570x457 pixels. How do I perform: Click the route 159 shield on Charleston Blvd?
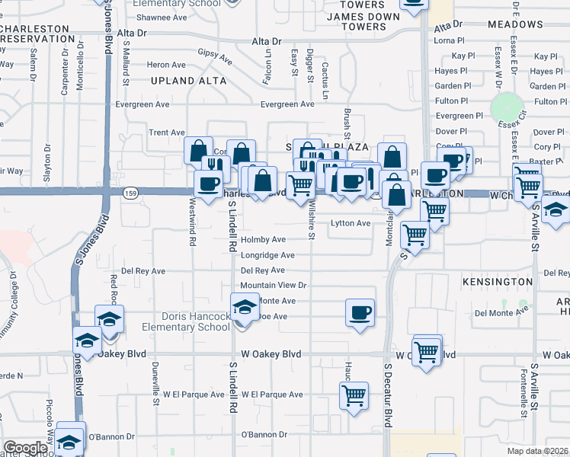(131, 193)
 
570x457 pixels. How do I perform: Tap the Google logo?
(25, 448)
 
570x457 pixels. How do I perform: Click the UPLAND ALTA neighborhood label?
(188, 80)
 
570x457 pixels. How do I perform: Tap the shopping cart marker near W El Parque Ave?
(354, 396)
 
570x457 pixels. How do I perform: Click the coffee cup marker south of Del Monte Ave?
(360, 312)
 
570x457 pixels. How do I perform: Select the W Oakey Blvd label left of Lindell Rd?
(271, 354)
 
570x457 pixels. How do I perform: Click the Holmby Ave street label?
(263, 240)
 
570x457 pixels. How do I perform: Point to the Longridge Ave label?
(267, 255)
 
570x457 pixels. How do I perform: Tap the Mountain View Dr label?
(273, 286)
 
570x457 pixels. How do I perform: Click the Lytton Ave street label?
(350, 223)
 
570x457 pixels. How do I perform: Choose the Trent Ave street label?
(167, 133)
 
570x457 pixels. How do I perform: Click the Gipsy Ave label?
(215, 56)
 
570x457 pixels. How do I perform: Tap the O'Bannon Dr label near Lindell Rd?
(264, 435)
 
